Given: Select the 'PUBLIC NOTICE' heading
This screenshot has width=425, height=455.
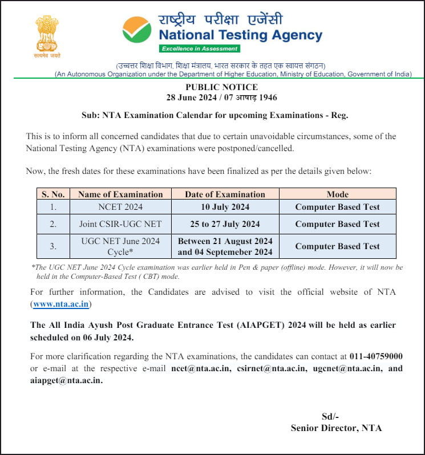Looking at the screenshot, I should pyautogui.click(x=221, y=87).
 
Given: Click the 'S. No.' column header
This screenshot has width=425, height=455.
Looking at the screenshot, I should pyautogui.click(x=53, y=194).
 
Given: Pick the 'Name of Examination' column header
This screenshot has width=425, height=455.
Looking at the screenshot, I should pyautogui.click(x=120, y=194).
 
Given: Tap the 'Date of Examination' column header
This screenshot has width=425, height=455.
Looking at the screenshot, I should pyautogui.click(x=225, y=194).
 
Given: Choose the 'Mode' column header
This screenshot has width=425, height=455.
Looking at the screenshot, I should pyautogui.click(x=337, y=194).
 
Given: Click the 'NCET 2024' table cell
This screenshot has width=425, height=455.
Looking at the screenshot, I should pyautogui.click(x=120, y=207).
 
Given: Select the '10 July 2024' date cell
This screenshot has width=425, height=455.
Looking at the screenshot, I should pyautogui.click(x=225, y=207).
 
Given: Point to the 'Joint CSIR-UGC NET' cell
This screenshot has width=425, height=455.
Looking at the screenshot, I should pyautogui.click(x=120, y=224).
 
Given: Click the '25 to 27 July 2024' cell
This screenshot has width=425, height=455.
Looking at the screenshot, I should pyautogui.click(x=225, y=224).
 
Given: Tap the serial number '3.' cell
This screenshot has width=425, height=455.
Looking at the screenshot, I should pyautogui.click(x=53, y=246).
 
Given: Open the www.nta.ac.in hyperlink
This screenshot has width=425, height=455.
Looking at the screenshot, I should pyautogui.click(x=61, y=304).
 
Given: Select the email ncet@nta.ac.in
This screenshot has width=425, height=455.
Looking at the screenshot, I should pyautogui.click(x=201, y=368).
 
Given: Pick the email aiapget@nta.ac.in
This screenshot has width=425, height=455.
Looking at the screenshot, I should pyautogui.click(x=66, y=380).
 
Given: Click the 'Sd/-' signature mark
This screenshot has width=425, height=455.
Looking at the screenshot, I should pyautogui.click(x=331, y=416).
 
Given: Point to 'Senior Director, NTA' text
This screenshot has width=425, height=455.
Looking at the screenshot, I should pyautogui.click(x=336, y=428).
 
